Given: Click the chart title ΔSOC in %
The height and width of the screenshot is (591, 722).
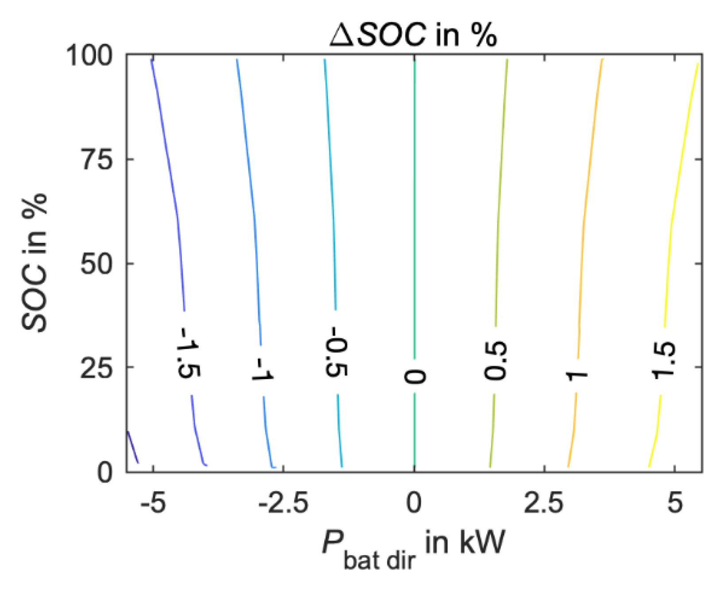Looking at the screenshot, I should (x=414, y=35).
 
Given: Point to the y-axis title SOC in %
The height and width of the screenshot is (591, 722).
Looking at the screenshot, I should (x=35, y=262).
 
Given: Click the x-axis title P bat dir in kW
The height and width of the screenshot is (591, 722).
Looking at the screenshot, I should (x=414, y=547).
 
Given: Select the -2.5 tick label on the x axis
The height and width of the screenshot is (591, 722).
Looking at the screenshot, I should (x=283, y=503).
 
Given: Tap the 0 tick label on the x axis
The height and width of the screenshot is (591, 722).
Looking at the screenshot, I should (x=414, y=503).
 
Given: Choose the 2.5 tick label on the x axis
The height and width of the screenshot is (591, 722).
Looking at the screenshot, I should (x=544, y=503).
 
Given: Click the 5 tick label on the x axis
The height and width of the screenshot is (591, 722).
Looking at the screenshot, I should (x=675, y=503).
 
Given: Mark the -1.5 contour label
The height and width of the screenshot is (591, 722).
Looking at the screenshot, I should (x=188, y=353).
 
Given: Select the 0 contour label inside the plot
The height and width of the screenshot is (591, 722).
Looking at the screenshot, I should (x=415, y=376).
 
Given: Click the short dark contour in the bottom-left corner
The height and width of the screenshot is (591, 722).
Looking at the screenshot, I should (x=133, y=447).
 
